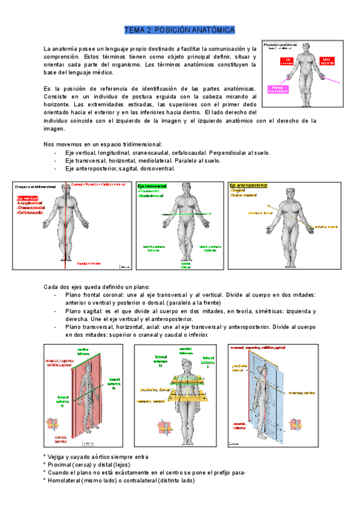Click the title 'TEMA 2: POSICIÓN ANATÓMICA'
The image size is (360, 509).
[x=179, y=29]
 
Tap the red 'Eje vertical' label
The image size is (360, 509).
[x=27, y=198]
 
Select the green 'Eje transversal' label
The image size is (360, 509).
[x=152, y=187]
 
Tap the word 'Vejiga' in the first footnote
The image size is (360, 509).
[x=58, y=457]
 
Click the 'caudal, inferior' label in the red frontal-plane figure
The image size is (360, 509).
[x=61, y=439]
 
